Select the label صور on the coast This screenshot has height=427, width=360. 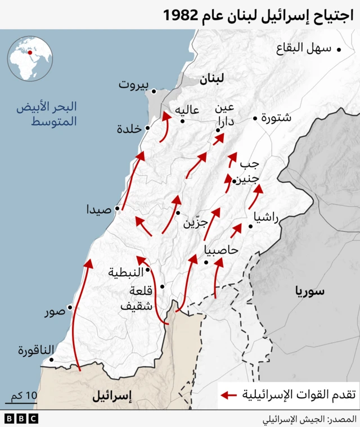[x=55, y=312]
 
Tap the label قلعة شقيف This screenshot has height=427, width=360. [x=141, y=298]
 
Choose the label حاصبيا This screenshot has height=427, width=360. [x=222, y=250]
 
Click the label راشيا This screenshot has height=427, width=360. [x=266, y=218]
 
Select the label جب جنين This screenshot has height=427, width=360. [x=248, y=172]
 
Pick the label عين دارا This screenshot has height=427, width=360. [x=228, y=114]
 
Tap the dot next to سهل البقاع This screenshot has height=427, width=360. [x=339, y=50]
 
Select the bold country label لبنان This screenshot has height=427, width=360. [x=211, y=79]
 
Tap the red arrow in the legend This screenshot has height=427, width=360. [x=228, y=395]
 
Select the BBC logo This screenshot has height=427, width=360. [x=21, y=419]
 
